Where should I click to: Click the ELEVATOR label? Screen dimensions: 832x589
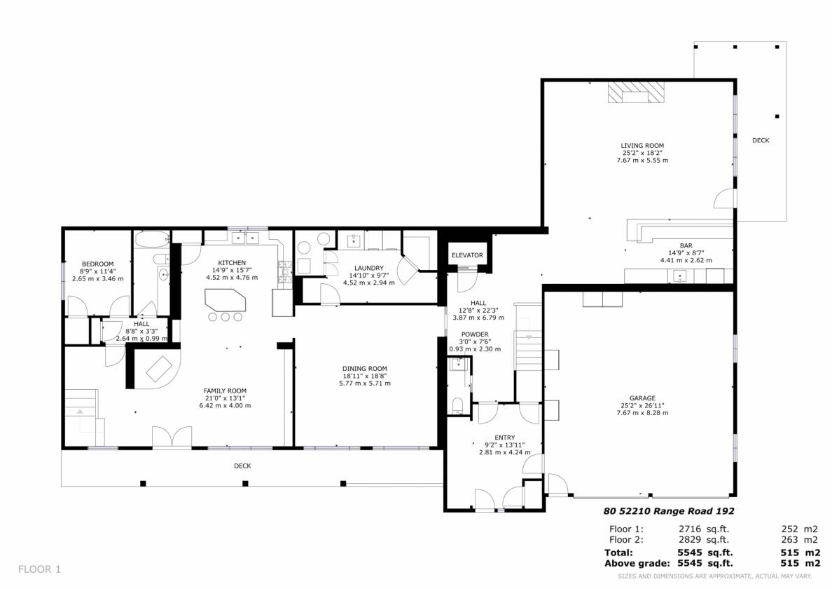467,255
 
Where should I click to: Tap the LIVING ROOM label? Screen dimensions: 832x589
642,146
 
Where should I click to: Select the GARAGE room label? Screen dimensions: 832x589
643,398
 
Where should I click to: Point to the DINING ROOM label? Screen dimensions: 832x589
365,369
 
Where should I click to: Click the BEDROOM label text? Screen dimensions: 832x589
97,264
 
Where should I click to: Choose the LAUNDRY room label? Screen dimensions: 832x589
369,269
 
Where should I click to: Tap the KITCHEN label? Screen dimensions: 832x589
232,263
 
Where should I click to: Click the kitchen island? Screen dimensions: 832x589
226,301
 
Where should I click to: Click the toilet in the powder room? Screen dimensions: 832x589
458,406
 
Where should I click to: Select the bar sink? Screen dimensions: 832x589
679,276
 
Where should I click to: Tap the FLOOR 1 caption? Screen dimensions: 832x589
39,569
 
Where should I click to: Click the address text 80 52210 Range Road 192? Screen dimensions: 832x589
669,511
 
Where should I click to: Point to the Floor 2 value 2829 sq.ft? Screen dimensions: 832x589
704,540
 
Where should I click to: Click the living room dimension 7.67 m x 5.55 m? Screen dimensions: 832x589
642,160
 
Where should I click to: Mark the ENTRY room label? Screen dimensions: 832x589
505,438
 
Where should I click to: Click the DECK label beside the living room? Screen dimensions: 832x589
761,140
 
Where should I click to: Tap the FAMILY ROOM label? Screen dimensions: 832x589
225,391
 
